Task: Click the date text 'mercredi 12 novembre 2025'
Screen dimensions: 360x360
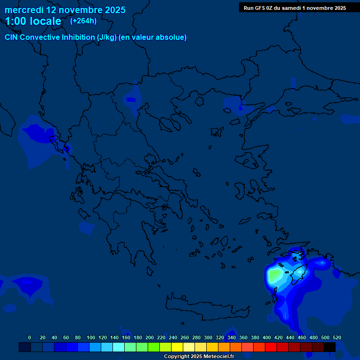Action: point(65,10)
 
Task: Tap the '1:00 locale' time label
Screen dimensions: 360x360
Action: point(33,21)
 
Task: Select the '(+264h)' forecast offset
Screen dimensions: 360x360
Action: point(83,21)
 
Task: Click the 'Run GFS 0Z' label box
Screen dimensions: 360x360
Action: point(295,7)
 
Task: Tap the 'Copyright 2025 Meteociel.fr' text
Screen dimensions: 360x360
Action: point(199,357)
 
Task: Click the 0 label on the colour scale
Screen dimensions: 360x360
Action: point(30,337)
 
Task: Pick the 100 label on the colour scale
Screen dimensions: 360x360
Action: point(90,337)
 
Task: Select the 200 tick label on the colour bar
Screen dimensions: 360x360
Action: point(150,337)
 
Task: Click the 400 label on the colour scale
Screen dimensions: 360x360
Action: point(267,337)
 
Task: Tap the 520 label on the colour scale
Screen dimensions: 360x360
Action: point(337,337)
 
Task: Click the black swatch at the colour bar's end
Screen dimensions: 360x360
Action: point(330,347)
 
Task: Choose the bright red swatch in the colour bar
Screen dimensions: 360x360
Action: point(271,347)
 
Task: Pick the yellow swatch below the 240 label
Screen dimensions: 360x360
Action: point(177,347)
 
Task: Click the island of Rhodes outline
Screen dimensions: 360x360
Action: point(298,274)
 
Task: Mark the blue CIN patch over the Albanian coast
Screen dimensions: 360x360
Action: point(37,133)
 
